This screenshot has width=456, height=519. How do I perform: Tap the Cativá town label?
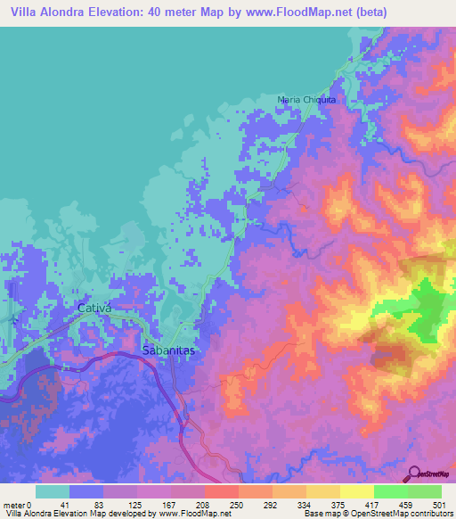click(94, 309)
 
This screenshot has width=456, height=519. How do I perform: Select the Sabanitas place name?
click(168, 351)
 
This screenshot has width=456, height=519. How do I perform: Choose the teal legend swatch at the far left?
click(53, 491)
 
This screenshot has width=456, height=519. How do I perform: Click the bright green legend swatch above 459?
click(390, 491)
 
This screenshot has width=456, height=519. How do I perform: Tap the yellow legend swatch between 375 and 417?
click(356, 491)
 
